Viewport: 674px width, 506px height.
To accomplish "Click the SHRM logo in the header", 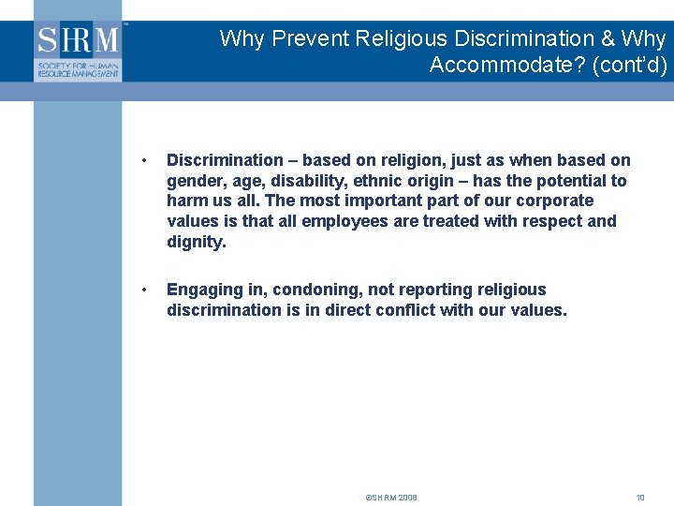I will pos(79,51).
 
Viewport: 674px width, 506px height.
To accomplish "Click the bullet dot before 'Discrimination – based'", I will pos(140,161).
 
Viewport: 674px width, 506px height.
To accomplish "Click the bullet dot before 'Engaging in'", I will pos(140,290).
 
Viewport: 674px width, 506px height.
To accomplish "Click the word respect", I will pos(551,221).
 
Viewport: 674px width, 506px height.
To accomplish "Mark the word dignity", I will pos(196,242).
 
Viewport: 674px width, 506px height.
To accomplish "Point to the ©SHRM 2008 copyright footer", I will pos(391,498).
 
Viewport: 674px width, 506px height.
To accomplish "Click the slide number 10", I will pos(640,498).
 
